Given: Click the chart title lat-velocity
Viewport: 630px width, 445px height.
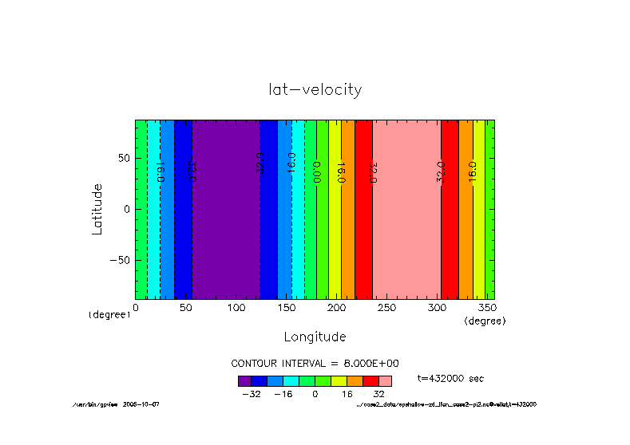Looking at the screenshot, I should coord(315,89).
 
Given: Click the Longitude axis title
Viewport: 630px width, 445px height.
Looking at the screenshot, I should coord(315,336).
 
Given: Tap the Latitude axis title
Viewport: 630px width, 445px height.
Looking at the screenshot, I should coord(97,208).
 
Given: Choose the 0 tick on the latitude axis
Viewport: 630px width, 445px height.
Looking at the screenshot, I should coord(126,209).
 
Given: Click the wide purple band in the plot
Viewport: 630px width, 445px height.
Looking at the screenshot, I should coord(225,209).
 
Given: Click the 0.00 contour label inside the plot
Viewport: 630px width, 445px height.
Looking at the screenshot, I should coord(316,171).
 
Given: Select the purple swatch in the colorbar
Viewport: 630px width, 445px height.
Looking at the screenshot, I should coord(244,380).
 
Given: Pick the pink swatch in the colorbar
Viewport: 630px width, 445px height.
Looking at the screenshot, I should coord(385,380).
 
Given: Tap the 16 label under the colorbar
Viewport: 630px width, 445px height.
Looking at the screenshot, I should coord(347,394).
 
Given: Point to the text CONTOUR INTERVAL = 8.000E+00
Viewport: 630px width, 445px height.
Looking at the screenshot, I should coord(315,363).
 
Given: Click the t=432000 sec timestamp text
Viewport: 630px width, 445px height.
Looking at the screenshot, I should coord(450,378).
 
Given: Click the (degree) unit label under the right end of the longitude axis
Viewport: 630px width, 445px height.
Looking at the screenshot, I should coord(485,320).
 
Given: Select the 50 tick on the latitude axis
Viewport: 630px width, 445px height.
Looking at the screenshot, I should coord(123,159).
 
